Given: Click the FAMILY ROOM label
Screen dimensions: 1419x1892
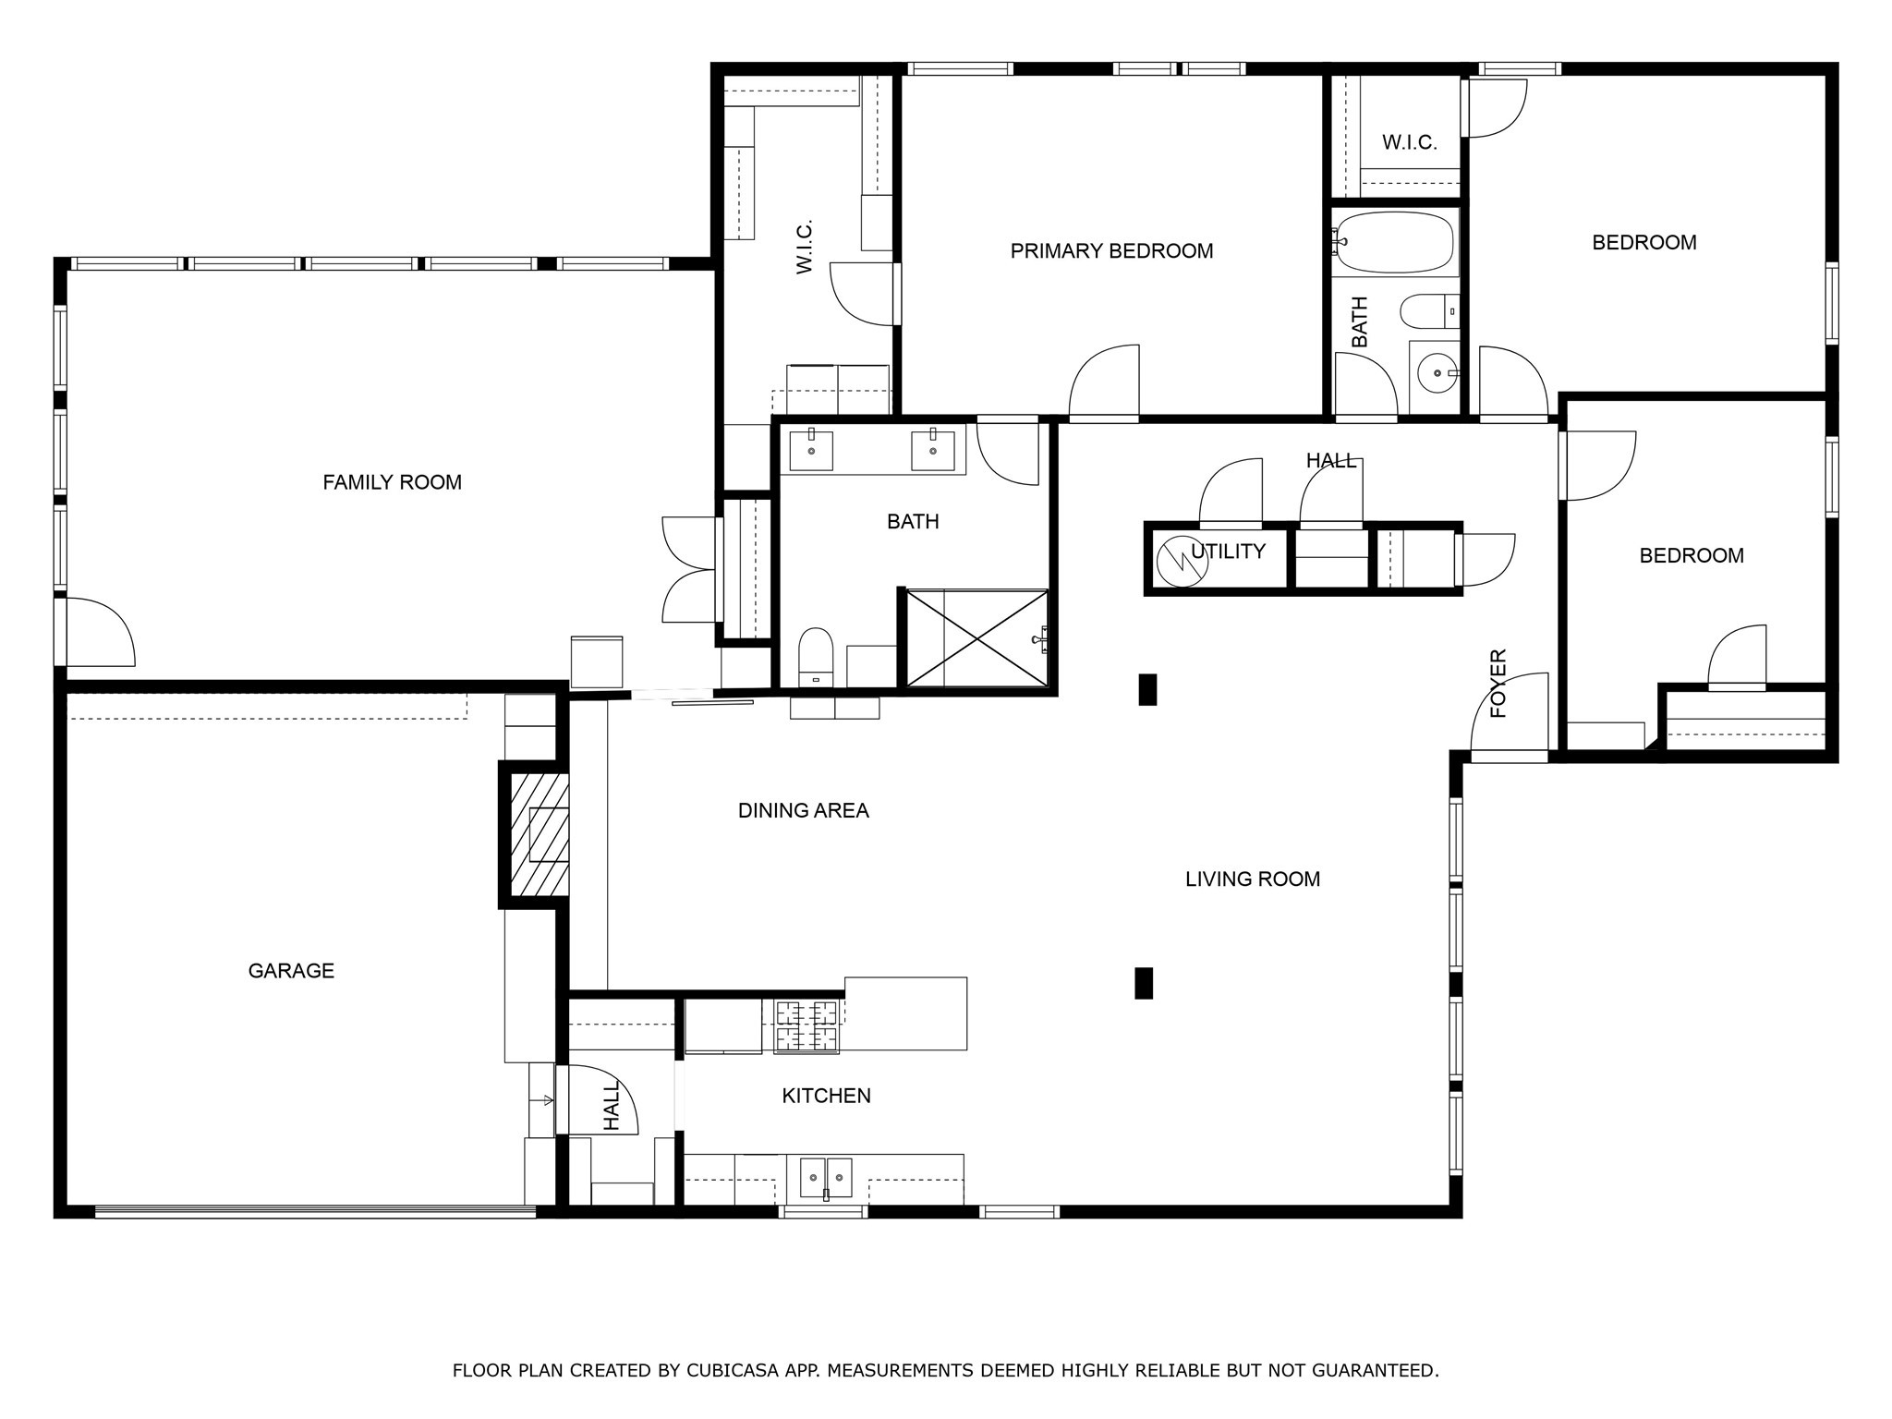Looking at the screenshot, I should [x=392, y=482].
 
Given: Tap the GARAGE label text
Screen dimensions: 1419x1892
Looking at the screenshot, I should [x=291, y=970].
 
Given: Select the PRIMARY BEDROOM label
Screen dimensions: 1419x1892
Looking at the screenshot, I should [x=1111, y=251].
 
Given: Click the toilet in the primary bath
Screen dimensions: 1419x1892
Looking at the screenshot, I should [x=816, y=655].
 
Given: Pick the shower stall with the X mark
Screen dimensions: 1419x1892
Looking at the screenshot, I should [x=977, y=638].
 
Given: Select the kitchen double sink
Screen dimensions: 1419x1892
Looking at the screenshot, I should [x=825, y=1177].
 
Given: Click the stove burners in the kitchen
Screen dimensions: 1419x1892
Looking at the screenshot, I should [x=806, y=1025].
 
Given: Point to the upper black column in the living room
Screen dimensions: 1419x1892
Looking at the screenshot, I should [x=1147, y=689].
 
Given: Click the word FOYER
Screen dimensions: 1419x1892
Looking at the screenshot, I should [x=1498, y=684].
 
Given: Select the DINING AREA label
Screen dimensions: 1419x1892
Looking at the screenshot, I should [x=803, y=811].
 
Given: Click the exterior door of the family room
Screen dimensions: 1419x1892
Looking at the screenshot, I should [x=97, y=633].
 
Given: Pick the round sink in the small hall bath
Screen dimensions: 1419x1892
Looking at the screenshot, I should [x=1437, y=373].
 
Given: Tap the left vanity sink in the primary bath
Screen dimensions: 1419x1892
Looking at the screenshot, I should [x=811, y=451].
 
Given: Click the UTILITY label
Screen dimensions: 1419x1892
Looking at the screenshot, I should [x=1228, y=552].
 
